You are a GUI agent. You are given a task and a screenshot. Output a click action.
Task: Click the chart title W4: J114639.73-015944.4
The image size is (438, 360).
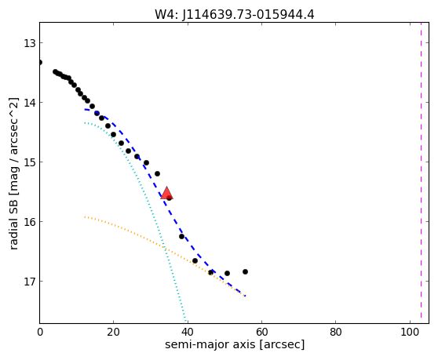pos(235,14)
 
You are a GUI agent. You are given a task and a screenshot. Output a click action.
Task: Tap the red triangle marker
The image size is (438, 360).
pos(166,193)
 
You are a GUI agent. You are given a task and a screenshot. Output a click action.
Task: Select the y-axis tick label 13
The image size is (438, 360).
pos(29,43)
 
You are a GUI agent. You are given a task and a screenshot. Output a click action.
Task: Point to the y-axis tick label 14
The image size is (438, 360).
pos(29,103)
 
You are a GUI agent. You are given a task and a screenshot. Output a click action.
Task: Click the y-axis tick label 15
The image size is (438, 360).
pos(29,162)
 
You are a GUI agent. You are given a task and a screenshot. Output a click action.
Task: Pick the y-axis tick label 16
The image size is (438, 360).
pos(29,222)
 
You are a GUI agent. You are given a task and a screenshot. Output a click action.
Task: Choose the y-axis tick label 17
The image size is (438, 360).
pos(29,282)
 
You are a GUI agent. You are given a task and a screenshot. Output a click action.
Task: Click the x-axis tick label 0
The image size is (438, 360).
pos(40,333)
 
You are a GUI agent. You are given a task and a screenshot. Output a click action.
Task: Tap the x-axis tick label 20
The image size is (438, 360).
pos(113,333)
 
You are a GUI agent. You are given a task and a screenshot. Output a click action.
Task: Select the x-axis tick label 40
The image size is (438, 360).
pos(188,333)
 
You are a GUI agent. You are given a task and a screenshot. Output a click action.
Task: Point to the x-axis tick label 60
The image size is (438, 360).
pos(261,333)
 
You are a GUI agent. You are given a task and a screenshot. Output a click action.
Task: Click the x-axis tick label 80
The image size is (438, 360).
pos(335,333)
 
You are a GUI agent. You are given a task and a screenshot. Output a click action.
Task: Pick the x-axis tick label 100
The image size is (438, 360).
pos(410,333)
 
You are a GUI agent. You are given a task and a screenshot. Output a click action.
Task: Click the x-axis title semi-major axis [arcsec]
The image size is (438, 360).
pos(235,344)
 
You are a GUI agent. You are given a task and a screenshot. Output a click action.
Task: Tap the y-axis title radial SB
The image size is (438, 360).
pos(13,218)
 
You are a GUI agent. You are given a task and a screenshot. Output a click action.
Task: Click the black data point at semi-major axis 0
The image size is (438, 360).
pos(40,62)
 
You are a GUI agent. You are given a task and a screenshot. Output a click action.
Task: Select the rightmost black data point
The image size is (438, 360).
pos(245,272)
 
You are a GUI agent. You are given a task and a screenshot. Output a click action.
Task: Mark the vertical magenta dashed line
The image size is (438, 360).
pos(421,173)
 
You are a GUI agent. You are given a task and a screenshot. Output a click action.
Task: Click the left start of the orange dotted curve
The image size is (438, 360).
pos(85,216)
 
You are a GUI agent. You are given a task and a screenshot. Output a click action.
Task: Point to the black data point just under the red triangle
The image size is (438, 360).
pos(170,198)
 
